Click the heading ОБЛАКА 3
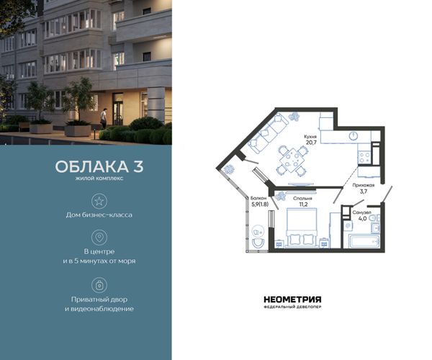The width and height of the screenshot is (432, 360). click(x=99, y=166)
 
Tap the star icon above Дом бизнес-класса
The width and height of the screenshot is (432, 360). click(x=99, y=201)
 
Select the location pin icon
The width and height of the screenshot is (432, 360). click(x=99, y=238)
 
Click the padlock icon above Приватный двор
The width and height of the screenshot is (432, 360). click(x=99, y=285)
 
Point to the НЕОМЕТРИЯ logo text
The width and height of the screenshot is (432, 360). click(x=292, y=300)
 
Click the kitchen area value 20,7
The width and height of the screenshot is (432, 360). click(x=311, y=143)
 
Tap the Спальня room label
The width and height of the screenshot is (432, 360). click(x=302, y=198)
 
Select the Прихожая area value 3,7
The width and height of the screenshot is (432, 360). click(x=364, y=192)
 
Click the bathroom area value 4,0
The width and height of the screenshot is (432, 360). click(x=362, y=219)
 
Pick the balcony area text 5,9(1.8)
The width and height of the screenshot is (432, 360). click(x=260, y=204)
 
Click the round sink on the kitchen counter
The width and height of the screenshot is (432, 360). click(x=353, y=135)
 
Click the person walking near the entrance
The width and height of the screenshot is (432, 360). click(x=103, y=119)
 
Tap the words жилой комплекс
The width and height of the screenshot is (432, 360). click(x=99, y=179)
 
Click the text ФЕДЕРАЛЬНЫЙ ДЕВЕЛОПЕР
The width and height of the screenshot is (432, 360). click(x=292, y=307)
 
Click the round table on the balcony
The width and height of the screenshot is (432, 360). click(x=258, y=231)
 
